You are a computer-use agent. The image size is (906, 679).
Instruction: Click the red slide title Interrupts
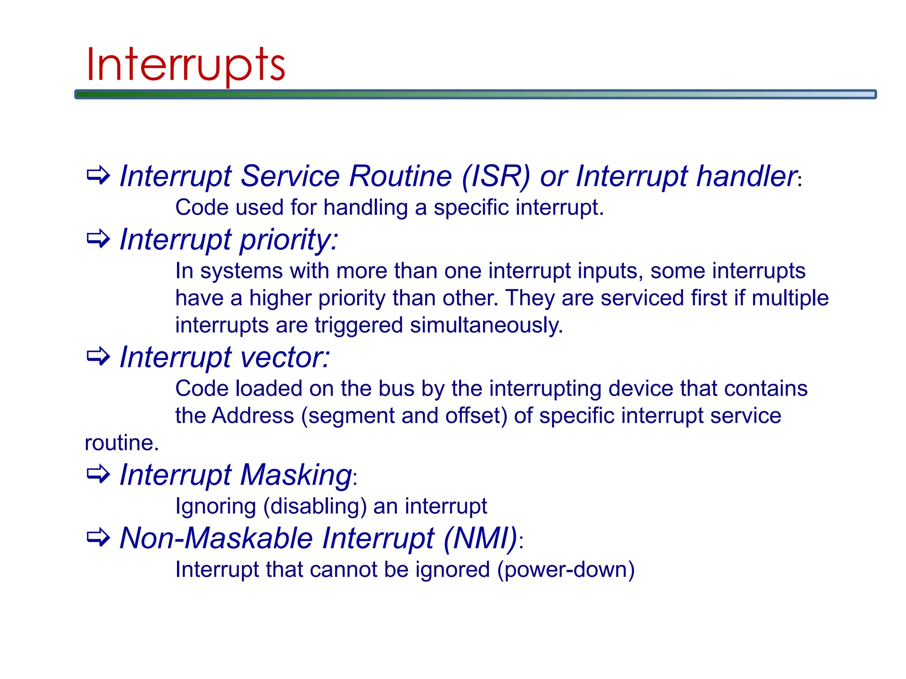tap(186, 65)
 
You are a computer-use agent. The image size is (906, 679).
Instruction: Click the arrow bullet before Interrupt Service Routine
tap(98, 175)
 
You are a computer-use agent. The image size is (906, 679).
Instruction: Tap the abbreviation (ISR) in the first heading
tap(495, 176)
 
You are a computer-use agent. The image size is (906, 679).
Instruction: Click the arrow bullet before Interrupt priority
tap(98, 239)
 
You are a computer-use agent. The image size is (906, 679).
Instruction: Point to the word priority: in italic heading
tap(289, 240)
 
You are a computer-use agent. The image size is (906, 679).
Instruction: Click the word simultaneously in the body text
tap(486, 325)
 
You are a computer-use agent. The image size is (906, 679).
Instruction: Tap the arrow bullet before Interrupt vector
tap(98, 356)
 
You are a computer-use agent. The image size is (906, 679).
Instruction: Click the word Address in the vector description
tap(253, 416)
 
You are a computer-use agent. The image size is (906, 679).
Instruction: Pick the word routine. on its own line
tap(122, 443)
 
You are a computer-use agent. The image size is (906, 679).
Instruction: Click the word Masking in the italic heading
tap(296, 475)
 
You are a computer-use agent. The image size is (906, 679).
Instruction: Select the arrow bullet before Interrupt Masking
tap(98, 474)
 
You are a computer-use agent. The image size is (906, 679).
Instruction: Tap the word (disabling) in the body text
tap(315, 506)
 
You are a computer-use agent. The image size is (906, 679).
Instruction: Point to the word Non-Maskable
tap(216, 538)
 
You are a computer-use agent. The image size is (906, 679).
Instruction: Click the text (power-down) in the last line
tap(566, 570)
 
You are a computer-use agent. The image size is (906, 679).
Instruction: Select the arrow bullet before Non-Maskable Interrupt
tap(98, 538)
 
